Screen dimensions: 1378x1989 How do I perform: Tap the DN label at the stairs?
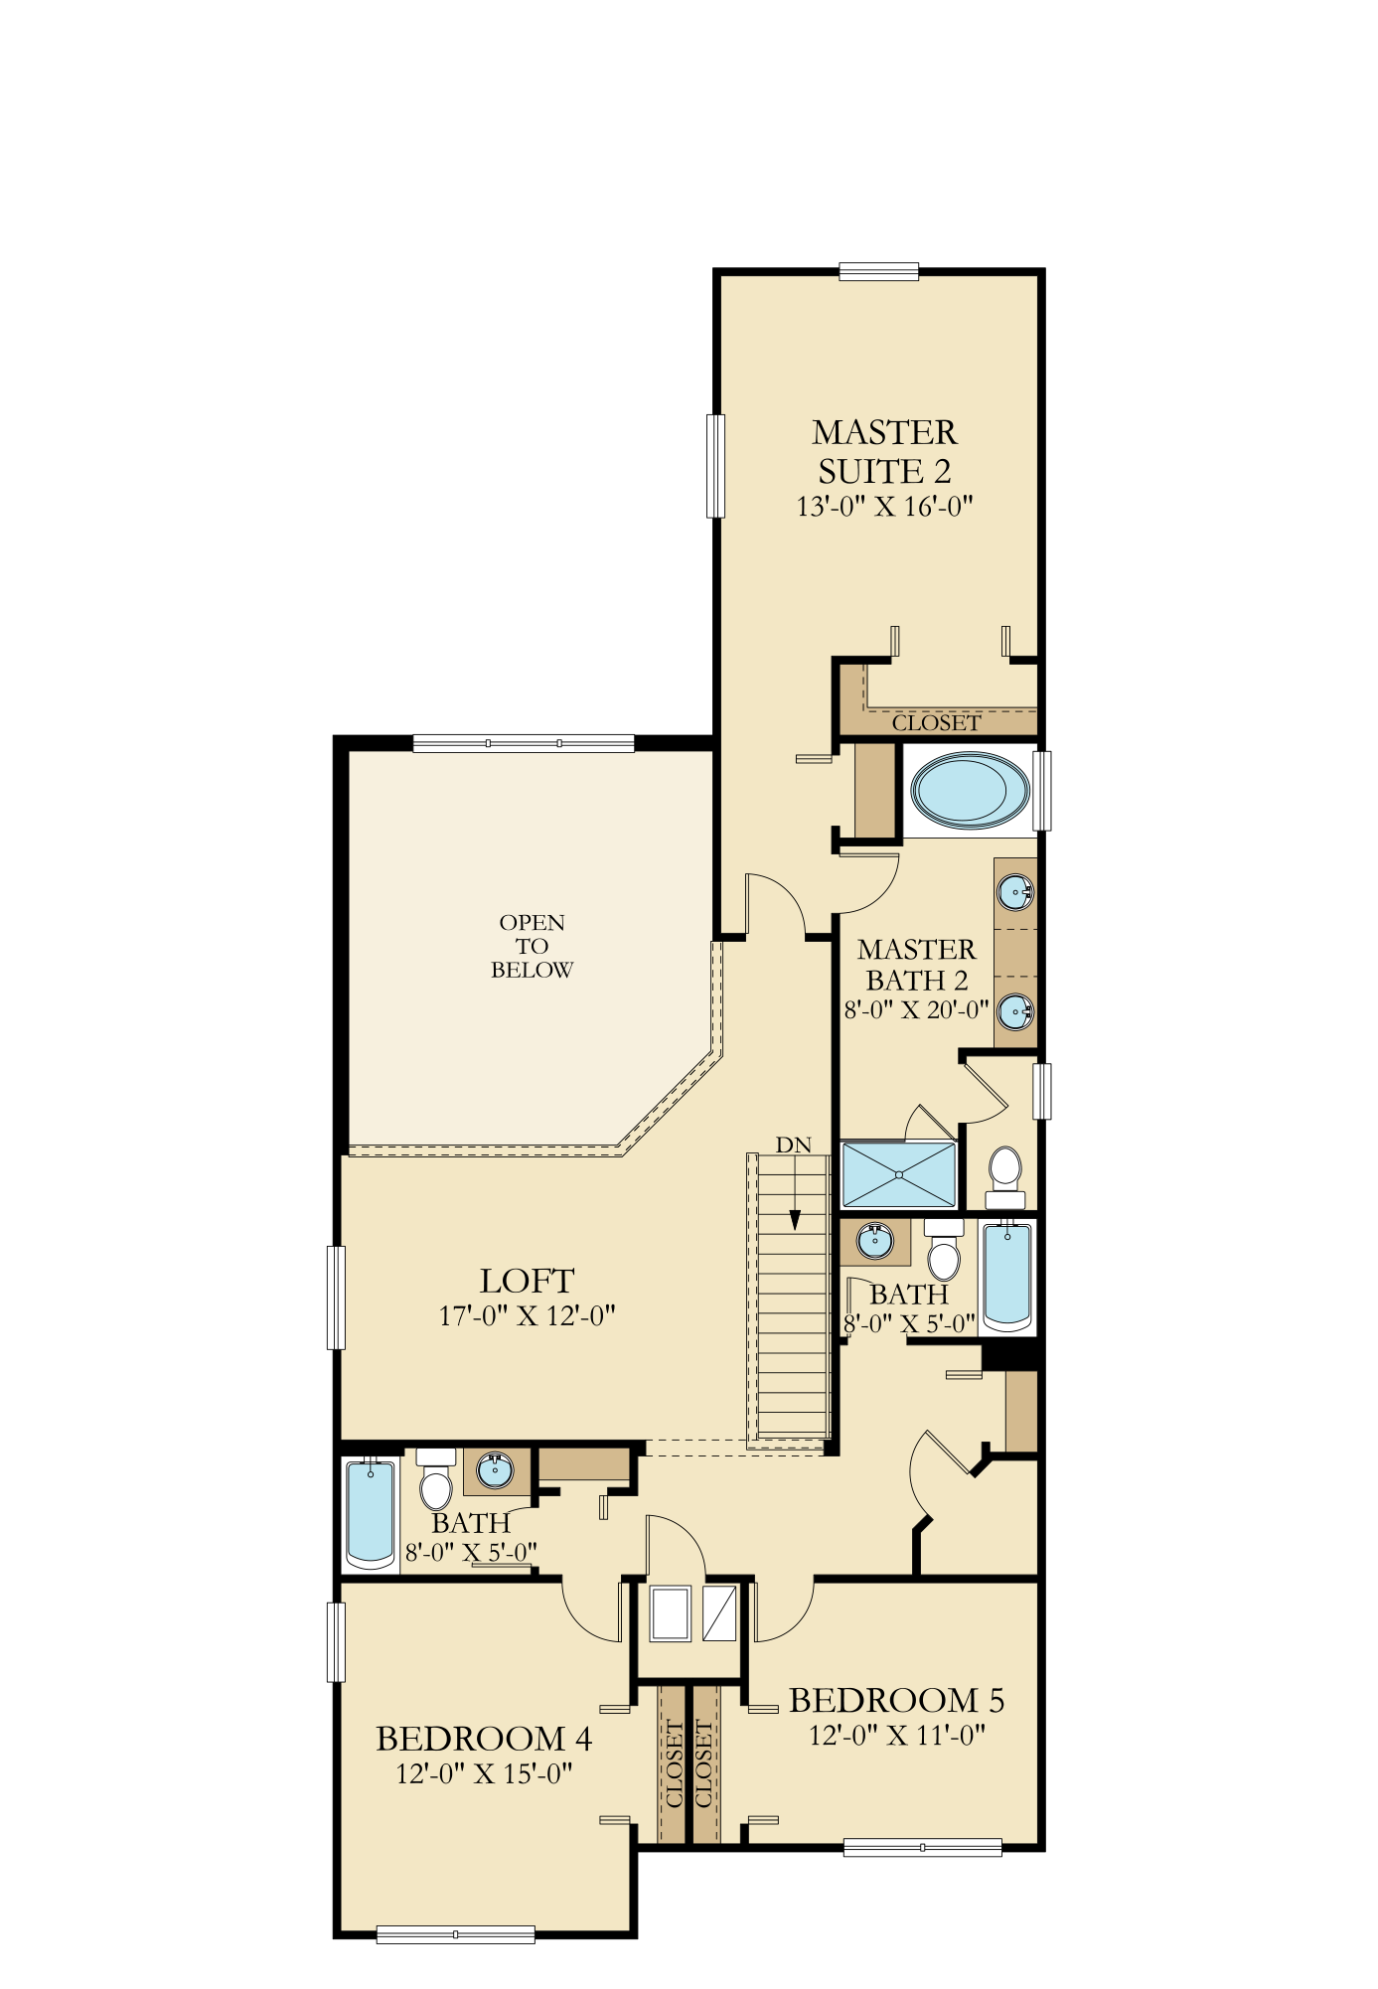pos(793,1146)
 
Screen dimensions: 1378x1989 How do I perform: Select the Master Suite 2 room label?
pos(884,451)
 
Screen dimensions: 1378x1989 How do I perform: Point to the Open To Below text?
pos(532,946)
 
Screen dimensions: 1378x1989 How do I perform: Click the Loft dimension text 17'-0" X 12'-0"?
pos(527,1316)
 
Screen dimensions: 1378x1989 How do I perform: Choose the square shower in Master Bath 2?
pos(898,1174)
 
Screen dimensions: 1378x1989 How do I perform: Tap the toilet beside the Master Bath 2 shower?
pos(1005,1177)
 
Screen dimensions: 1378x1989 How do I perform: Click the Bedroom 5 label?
pos(896,1701)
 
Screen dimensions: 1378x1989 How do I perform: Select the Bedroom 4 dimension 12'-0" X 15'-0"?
pos(484,1774)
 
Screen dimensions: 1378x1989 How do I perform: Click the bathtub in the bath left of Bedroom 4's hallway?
pos(371,1514)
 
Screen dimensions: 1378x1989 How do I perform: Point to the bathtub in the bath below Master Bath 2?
pos(1007,1277)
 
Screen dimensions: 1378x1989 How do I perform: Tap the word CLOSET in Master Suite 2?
pos(936,723)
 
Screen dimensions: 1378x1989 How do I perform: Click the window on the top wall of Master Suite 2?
pos(878,271)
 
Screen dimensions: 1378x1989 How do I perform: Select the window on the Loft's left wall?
pos(337,1298)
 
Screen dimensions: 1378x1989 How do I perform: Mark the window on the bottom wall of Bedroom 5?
pos(922,1848)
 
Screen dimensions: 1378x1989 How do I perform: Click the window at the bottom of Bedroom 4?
pos(456,1934)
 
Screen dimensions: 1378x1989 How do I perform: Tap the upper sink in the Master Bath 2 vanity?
pos(1015,891)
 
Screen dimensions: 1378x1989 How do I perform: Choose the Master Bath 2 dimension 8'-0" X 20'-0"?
pos(916,1010)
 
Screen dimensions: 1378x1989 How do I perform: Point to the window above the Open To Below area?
pos(524,743)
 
